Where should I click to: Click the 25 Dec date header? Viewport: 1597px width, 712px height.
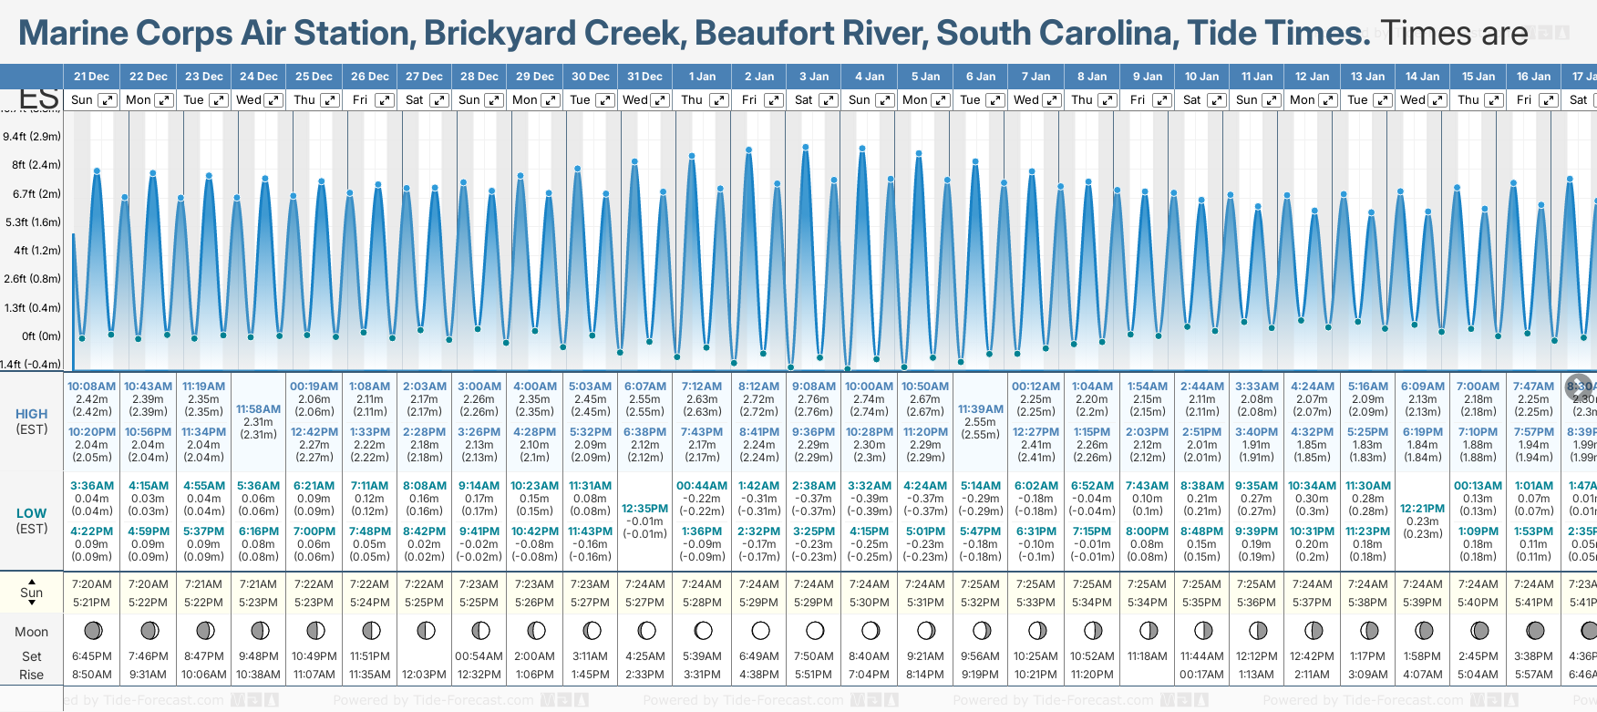[314, 77]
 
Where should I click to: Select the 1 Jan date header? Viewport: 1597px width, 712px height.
[702, 77]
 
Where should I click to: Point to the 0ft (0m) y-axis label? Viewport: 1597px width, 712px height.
[41, 335]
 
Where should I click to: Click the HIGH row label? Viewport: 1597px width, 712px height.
[31, 414]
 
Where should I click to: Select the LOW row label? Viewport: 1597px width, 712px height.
[31, 513]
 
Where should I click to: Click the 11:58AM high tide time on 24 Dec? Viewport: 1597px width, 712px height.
[258, 409]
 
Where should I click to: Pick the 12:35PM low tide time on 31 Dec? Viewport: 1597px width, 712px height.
[644, 509]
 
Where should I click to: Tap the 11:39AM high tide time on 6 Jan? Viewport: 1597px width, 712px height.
[980, 409]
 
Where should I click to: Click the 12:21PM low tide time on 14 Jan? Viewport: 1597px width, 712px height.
[1422, 509]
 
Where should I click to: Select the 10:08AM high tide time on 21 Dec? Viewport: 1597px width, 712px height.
[92, 387]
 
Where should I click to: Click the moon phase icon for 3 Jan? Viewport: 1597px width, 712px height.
[815, 630]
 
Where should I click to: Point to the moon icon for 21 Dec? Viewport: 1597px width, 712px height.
[92, 630]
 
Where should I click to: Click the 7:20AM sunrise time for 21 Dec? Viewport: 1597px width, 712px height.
[92, 584]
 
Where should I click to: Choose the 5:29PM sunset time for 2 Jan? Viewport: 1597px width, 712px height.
[758, 603]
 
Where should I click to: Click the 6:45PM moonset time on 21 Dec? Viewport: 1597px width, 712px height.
[92, 656]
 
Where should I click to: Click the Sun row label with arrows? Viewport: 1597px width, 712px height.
[31, 593]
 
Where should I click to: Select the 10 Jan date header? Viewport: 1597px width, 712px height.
[1201, 77]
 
